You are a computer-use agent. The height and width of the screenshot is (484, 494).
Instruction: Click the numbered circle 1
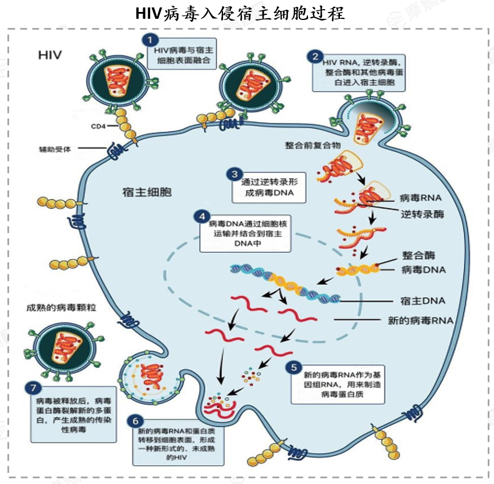click(150, 40)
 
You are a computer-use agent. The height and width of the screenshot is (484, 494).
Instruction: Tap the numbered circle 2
click(315, 57)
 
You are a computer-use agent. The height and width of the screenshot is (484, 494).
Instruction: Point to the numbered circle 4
click(203, 217)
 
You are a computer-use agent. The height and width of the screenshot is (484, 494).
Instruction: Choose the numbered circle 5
click(294, 368)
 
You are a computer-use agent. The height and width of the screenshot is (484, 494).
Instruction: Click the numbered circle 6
click(135, 421)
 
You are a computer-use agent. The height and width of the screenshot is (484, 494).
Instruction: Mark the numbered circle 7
click(34, 388)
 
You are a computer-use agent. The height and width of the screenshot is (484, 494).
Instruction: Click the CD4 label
click(98, 126)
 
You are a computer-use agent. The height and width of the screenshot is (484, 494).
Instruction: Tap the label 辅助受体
click(55, 149)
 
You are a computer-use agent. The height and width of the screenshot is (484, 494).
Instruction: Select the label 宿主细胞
click(147, 192)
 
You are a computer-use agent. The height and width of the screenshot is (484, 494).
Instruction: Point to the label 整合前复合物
click(313, 145)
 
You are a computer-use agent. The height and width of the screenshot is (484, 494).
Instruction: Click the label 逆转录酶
click(422, 215)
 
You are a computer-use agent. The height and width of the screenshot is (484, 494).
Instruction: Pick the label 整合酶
click(418, 255)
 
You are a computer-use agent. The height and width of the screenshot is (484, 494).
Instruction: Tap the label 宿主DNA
click(423, 301)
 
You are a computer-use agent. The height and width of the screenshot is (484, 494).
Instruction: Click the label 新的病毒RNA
click(420, 321)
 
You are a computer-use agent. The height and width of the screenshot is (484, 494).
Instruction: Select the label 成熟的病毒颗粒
click(61, 308)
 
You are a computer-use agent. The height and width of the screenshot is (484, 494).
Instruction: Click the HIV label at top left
click(50, 55)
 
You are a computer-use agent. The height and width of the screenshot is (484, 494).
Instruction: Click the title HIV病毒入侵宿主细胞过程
click(240, 14)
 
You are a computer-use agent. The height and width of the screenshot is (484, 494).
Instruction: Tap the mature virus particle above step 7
click(64, 348)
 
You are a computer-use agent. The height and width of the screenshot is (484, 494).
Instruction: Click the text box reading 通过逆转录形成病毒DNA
click(269, 187)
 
